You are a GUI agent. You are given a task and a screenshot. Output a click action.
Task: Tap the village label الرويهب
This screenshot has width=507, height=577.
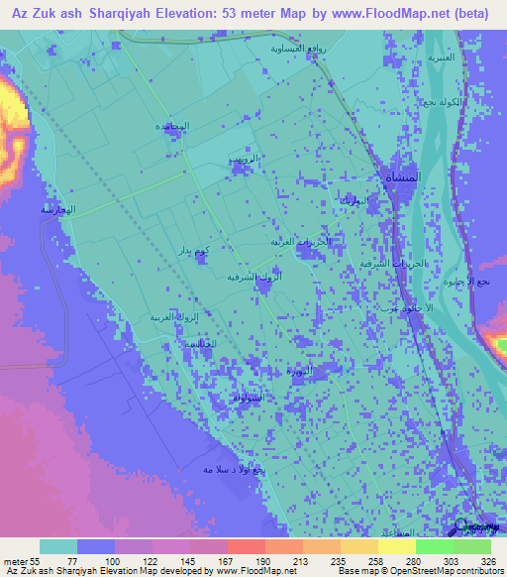(242, 158)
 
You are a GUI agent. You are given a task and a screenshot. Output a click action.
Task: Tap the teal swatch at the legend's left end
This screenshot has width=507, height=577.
(57, 546)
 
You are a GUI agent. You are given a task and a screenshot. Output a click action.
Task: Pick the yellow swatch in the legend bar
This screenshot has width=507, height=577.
(396, 546)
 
